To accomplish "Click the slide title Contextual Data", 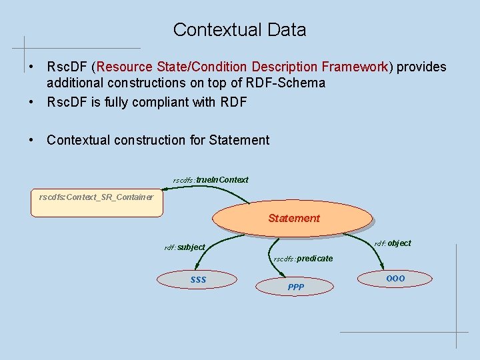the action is coord(239,30).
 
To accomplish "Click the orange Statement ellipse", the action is coord(293,218).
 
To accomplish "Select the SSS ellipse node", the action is coord(198,279).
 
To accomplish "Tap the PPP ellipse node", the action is coord(295,287).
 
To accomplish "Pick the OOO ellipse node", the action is coord(395,277).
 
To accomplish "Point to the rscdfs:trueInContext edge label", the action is coord(211,180).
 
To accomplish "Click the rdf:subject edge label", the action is coord(185,247).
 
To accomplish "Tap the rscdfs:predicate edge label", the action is coord(303,259).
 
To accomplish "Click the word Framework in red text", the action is coord(355,67).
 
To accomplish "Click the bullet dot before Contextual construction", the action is coord(32,140).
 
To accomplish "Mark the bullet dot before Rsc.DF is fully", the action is coord(32,102).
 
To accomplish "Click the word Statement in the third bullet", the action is coord(239,140).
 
